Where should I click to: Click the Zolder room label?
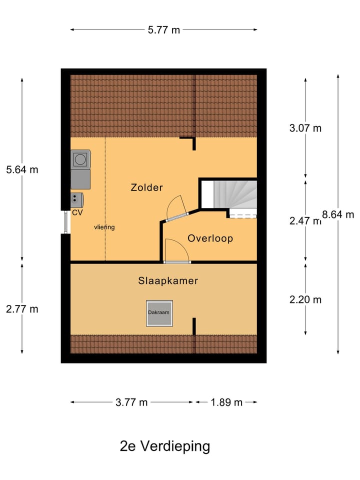(146, 187)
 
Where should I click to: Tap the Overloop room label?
(210, 238)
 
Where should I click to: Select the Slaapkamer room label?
(168, 281)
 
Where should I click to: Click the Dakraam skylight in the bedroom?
(159, 313)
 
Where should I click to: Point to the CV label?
(77, 212)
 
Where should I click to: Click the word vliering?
(104, 227)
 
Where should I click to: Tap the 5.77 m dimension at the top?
(163, 30)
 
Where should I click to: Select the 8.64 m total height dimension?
(338, 214)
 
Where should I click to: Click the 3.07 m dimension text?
(305, 128)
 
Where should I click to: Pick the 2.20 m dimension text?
(305, 299)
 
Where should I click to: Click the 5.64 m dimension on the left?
(22, 169)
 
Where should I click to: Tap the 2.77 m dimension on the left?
(22, 309)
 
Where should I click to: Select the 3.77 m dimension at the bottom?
(131, 402)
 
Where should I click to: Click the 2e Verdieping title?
(165, 446)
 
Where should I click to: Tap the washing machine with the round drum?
(80, 159)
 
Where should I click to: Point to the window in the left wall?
(65, 222)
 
